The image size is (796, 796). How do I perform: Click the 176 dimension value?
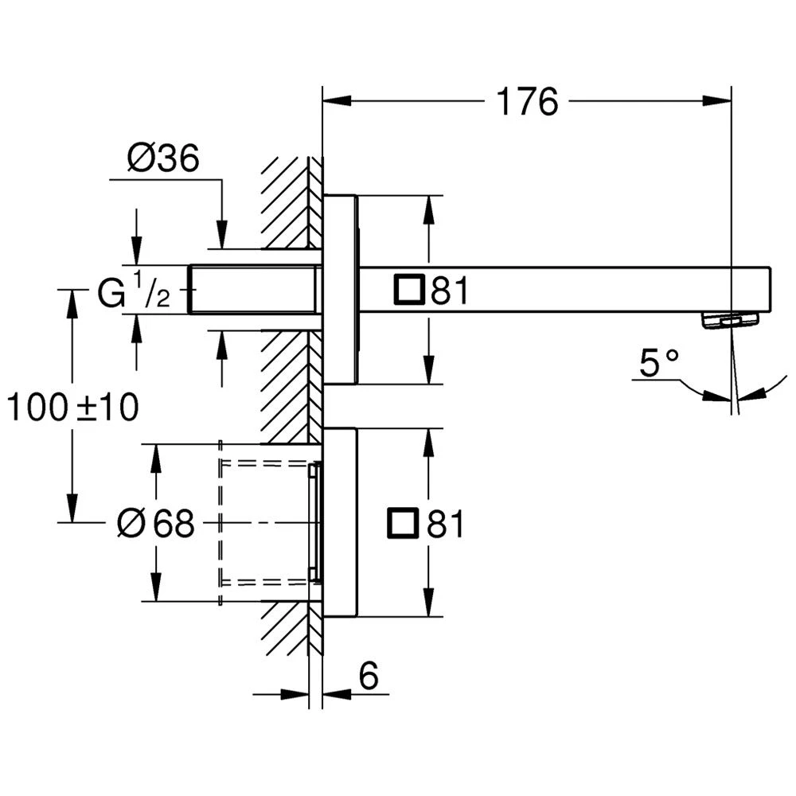coord(527,102)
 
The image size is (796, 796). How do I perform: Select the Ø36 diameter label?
coord(162,160)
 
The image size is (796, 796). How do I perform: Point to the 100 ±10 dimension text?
coord(73,408)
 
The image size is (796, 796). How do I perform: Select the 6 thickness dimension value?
coord(368,677)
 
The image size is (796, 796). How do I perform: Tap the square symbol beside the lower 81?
coord(402,524)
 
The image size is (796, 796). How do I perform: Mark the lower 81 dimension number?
coord(447,525)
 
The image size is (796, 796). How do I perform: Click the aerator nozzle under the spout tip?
coord(729,320)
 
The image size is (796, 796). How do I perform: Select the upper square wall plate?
coord(341,288)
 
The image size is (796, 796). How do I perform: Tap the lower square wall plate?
coord(341,522)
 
